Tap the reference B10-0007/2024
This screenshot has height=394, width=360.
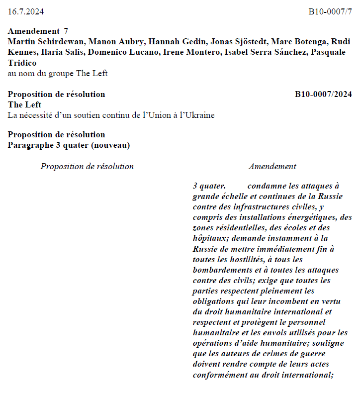pyautogui.click(x=323, y=94)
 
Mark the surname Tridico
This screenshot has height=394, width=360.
pyautogui.click(x=22, y=63)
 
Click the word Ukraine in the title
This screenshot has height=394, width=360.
pyautogui.click(x=198, y=115)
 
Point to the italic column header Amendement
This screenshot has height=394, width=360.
pyautogui.click(x=272, y=167)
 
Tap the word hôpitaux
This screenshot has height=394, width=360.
pyautogui.click(x=209, y=238)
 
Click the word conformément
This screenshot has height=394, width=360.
pyautogui.click(x=218, y=375)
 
